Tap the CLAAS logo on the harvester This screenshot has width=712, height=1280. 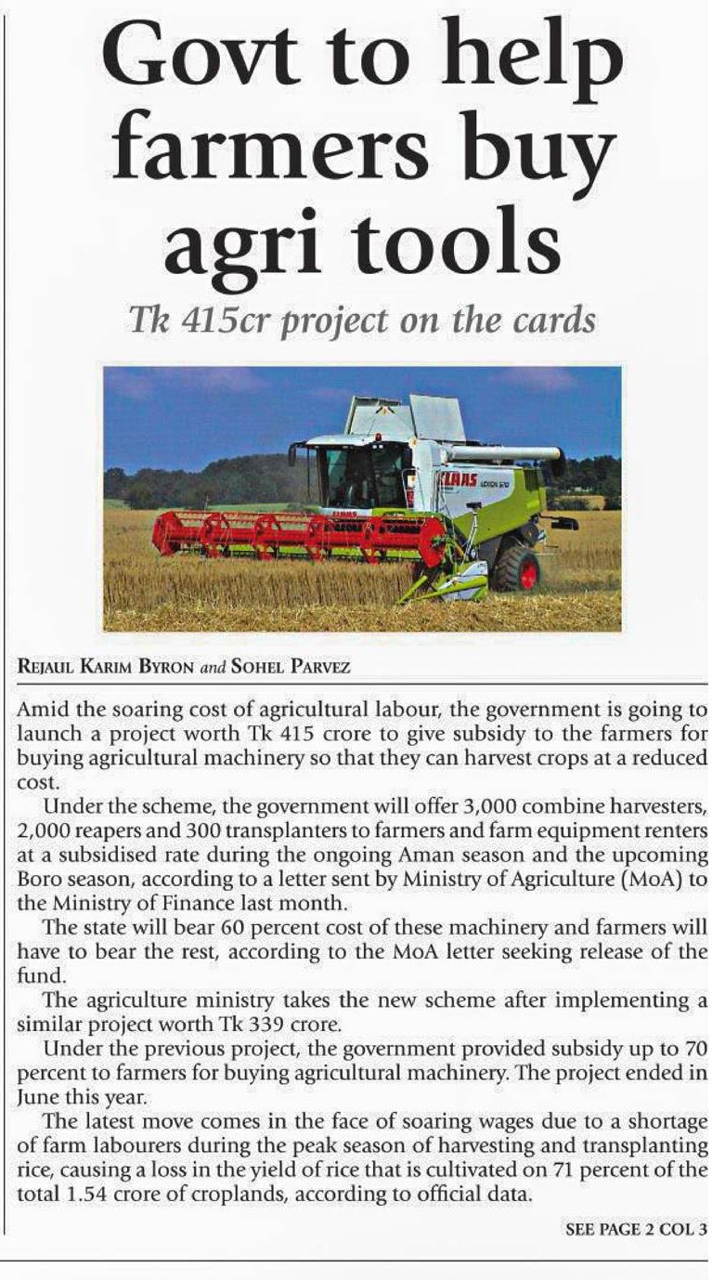pos(459,479)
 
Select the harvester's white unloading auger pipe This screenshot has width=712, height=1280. pos(506,454)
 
